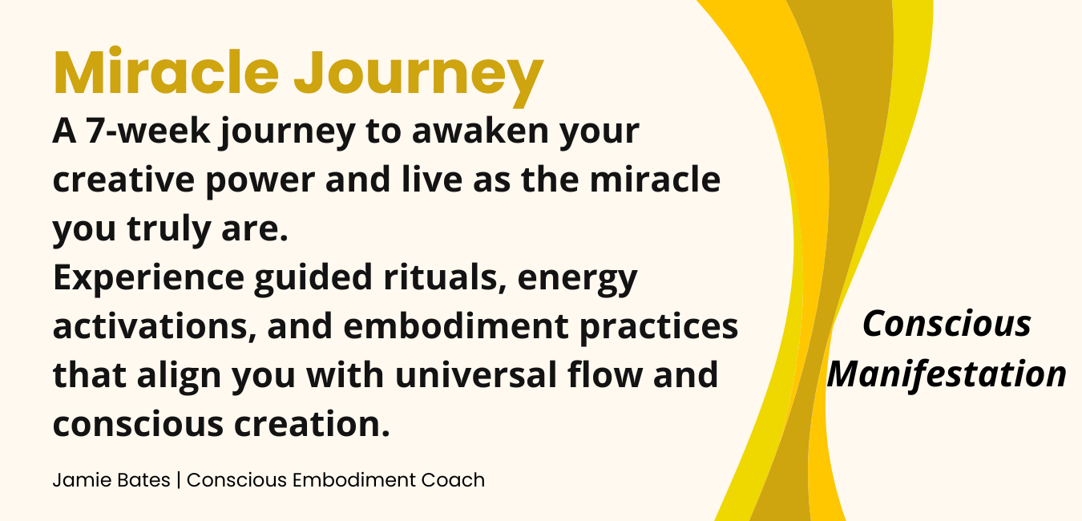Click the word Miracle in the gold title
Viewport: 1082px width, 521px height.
pyautogui.click(x=166, y=71)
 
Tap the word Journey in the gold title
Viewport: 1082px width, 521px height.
pyautogui.click(x=419, y=77)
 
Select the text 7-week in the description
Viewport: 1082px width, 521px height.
pyautogui.click(x=148, y=131)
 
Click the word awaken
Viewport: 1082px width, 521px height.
pyautogui.click(x=480, y=131)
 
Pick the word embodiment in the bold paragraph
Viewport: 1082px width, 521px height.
pyautogui.click(x=455, y=326)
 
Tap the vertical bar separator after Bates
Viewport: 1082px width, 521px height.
pyautogui.click(x=179, y=480)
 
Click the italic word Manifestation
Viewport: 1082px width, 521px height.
pyautogui.click(x=947, y=374)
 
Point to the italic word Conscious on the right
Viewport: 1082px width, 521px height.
pyautogui.click(x=947, y=324)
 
